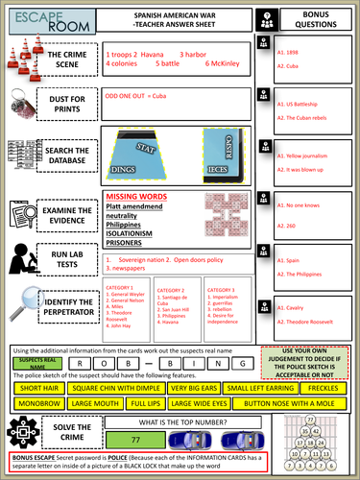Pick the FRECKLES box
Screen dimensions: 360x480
pyautogui.click(x=321, y=386)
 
